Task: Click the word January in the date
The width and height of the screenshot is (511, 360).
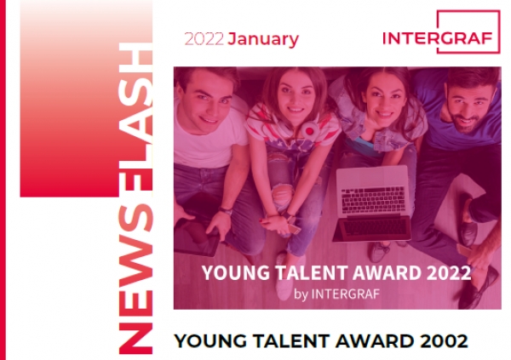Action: (x=263, y=39)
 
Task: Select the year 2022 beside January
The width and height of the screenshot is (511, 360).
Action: (x=204, y=39)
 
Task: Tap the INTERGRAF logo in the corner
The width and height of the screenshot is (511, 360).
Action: (x=441, y=32)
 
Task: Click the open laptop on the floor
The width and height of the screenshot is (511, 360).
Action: (x=372, y=203)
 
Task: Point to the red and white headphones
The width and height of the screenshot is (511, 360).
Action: (x=310, y=130)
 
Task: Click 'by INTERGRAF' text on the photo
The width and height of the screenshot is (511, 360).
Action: (x=336, y=294)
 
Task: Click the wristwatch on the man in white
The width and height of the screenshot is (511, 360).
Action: (x=226, y=210)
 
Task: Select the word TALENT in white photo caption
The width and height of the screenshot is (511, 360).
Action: (x=311, y=272)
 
